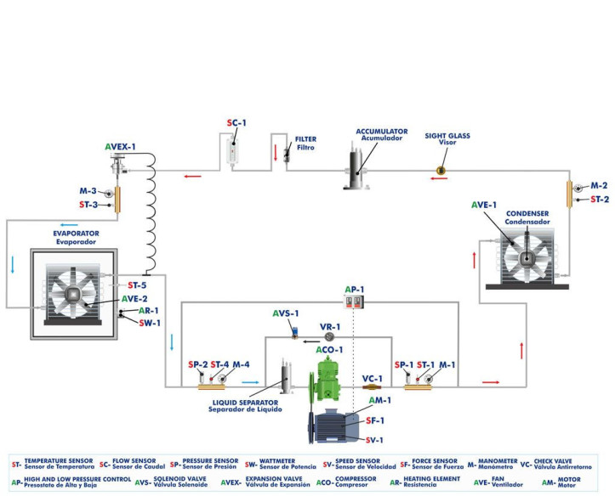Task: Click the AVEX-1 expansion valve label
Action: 120,147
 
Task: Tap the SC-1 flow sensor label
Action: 236,123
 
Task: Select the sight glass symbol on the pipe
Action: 441,172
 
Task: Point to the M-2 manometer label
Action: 599,185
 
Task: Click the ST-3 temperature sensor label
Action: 91,205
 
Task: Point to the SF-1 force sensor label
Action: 373,420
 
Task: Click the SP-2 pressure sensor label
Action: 198,364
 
